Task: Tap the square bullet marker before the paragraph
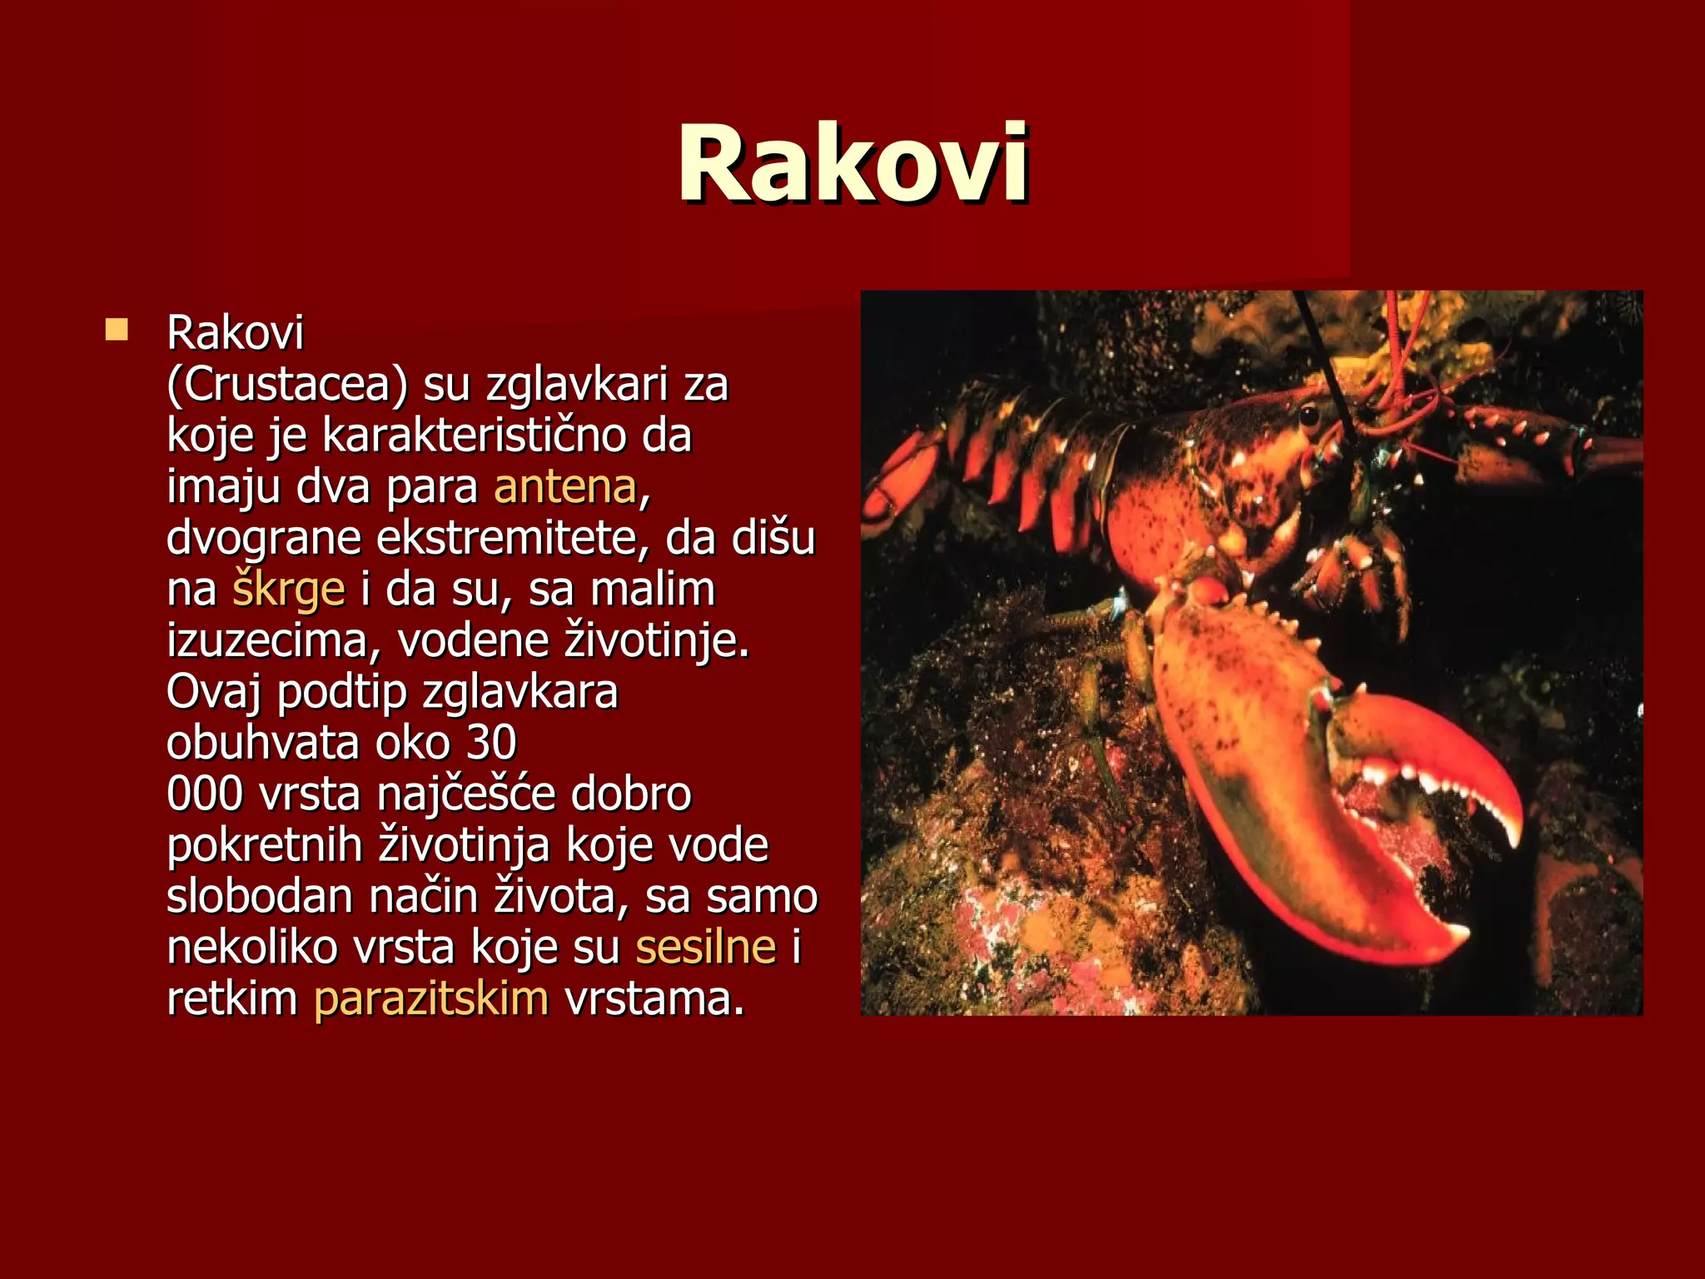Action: (117, 331)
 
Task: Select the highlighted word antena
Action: (565, 487)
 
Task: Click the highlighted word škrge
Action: (288, 590)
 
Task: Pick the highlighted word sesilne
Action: (705, 948)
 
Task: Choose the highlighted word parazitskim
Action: (431, 999)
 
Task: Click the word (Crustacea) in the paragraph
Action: (287, 385)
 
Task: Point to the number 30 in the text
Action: (491, 743)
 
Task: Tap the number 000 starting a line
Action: (205, 794)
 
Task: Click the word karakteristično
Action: (474, 436)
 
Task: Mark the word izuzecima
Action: (272, 641)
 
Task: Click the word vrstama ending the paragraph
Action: (654, 999)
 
